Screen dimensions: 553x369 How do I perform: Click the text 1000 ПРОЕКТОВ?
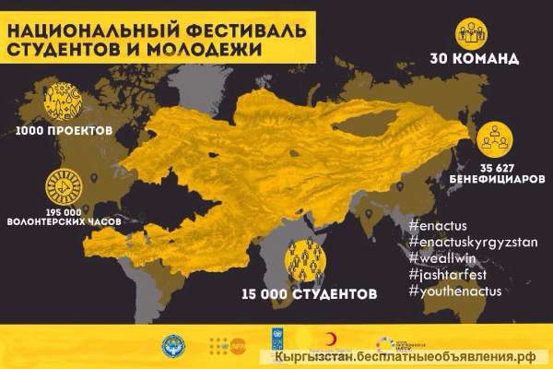tap(64, 131)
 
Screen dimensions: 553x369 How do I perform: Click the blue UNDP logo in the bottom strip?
tap(277, 340)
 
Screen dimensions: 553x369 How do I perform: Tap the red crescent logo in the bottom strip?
tap(329, 340)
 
